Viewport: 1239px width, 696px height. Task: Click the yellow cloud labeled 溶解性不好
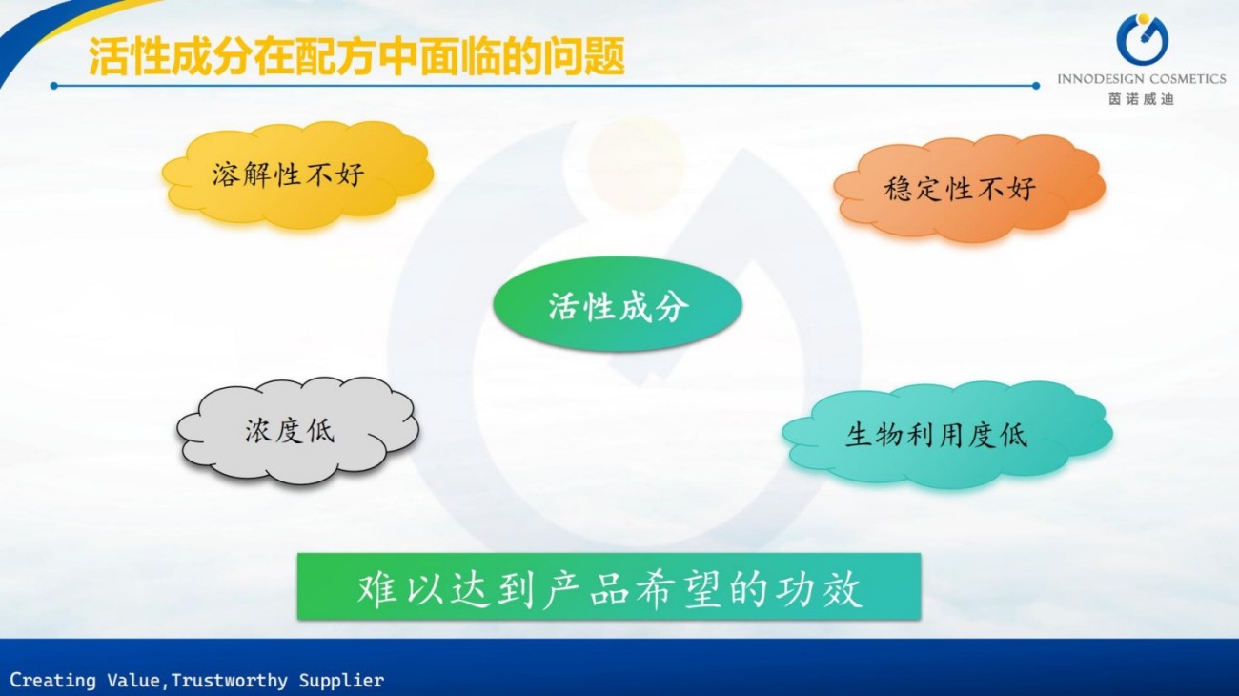(297, 174)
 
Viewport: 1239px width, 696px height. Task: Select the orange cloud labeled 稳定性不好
(969, 188)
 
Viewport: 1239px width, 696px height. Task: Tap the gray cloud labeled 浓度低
(297, 432)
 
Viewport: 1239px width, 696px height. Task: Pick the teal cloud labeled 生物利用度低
(947, 435)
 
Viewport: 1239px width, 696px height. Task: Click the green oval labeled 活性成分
(618, 304)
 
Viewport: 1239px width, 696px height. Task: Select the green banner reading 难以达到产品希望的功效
(609, 586)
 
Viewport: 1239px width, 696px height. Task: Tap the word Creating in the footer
(52, 680)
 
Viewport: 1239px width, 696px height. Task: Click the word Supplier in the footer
(341, 680)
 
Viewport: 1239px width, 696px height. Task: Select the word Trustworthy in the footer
(229, 680)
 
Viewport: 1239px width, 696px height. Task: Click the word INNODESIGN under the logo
(1099, 79)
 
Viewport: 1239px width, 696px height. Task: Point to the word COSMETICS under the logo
(1186, 79)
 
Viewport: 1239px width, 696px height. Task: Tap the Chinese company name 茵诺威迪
(1141, 99)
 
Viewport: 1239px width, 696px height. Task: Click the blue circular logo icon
(1142, 39)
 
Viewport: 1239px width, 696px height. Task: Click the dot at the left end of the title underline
(53, 86)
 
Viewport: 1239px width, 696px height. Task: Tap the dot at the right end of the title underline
(1035, 86)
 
